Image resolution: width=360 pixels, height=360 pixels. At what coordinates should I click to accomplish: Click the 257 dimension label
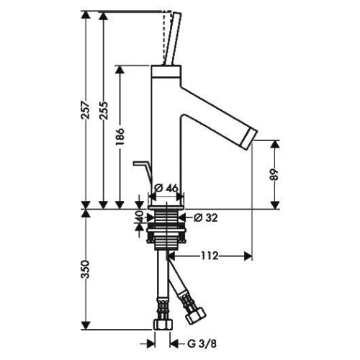(86, 110)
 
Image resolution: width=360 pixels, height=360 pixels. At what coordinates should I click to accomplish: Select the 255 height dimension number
(104, 110)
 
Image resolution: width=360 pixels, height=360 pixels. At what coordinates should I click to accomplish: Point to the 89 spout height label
(274, 174)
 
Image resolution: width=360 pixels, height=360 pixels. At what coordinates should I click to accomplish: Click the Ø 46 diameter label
(167, 188)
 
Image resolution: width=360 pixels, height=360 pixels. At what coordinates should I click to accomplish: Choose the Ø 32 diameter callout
(206, 217)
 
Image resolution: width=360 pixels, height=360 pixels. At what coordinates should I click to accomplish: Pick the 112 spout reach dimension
(209, 256)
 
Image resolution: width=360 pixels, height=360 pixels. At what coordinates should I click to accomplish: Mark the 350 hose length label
(86, 269)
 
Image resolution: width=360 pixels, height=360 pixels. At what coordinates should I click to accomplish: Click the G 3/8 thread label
(202, 344)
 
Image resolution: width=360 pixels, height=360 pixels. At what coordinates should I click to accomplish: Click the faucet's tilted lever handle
(172, 38)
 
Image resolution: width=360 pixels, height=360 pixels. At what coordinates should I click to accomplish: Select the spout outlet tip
(251, 137)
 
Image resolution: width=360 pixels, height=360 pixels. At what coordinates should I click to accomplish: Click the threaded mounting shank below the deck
(166, 230)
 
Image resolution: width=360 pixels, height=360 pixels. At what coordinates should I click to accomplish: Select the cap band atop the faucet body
(166, 71)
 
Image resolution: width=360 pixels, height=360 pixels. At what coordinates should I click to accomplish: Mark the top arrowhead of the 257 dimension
(86, 15)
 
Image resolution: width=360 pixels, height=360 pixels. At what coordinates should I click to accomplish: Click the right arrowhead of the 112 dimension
(248, 256)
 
